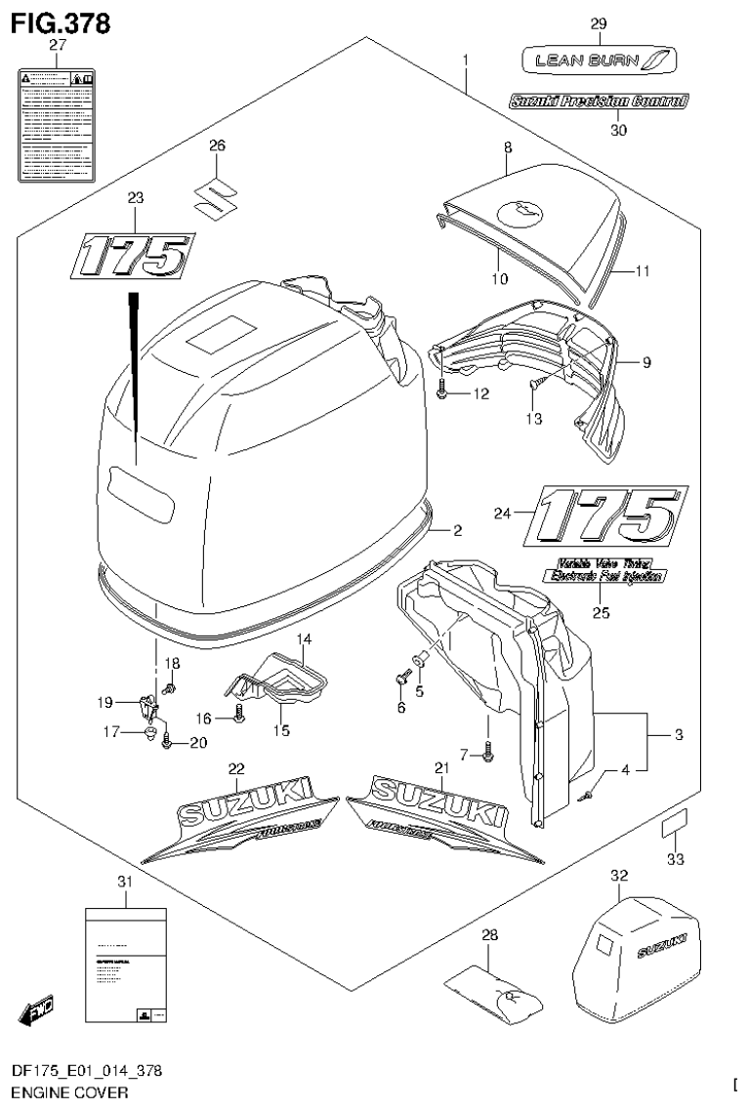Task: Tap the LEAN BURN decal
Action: (x=598, y=62)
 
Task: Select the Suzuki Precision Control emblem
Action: (x=599, y=100)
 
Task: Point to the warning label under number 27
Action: (x=57, y=124)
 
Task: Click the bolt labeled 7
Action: (x=488, y=751)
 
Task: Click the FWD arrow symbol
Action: (x=35, y=1011)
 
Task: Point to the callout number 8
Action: (x=508, y=147)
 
